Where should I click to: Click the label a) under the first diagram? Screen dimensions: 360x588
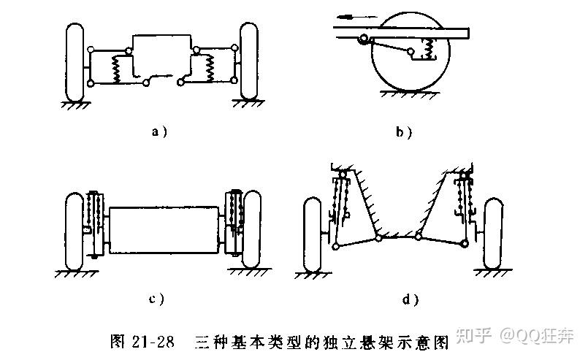click(x=159, y=131)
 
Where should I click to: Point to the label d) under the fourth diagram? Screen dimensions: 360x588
click(x=409, y=298)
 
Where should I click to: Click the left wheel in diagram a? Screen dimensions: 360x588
click(x=75, y=62)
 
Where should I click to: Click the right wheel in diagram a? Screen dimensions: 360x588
click(x=250, y=62)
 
